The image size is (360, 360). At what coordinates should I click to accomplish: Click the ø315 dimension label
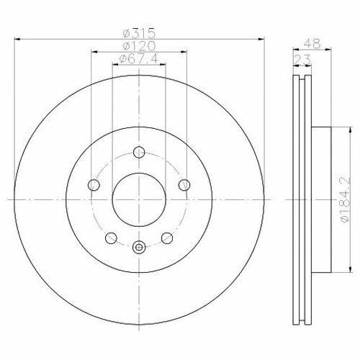(139, 33)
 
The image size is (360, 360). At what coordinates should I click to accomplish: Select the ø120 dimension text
(139, 46)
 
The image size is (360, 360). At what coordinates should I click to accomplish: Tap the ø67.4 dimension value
(139, 58)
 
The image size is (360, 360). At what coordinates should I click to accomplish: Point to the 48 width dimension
(312, 44)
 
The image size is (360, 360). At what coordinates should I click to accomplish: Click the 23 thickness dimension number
(302, 60)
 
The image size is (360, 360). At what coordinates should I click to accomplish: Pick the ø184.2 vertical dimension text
(345, 200)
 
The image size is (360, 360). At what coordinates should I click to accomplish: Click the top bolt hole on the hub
(139, 152)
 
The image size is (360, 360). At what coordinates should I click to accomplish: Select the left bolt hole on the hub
(94, 185)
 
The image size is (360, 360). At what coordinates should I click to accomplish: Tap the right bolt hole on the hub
(184, 185)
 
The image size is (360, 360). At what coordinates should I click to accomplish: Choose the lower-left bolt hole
(111, 238)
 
